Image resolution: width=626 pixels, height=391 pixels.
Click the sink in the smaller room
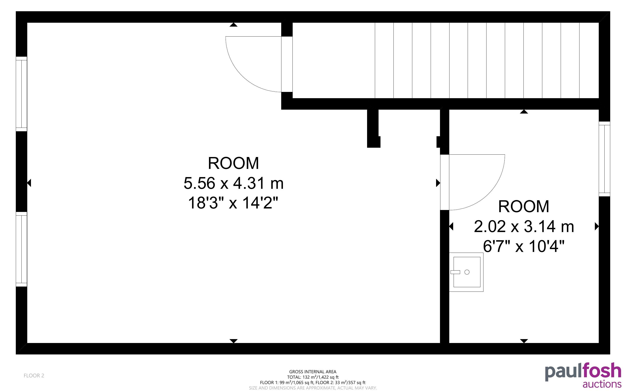(466, 272)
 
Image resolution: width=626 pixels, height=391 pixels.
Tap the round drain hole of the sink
(467, 272)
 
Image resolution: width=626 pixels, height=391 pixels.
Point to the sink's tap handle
(455, 272)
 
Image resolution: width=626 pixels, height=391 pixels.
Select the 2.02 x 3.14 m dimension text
(524, 226)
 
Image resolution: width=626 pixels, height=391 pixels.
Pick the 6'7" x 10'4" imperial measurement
(524, 246)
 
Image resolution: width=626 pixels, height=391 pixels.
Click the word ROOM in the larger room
(233, 163)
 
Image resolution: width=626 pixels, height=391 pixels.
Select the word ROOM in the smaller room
(524, 206)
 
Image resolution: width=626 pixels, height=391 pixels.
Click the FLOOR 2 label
(34, 375)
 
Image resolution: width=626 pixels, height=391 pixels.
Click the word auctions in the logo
(602, 384)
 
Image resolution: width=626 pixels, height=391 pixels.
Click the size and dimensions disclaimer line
(313, 388)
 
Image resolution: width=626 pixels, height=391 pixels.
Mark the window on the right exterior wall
(605, 159)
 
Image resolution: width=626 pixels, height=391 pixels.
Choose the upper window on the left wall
(21, 94)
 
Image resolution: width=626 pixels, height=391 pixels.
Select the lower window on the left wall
(21, 249)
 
